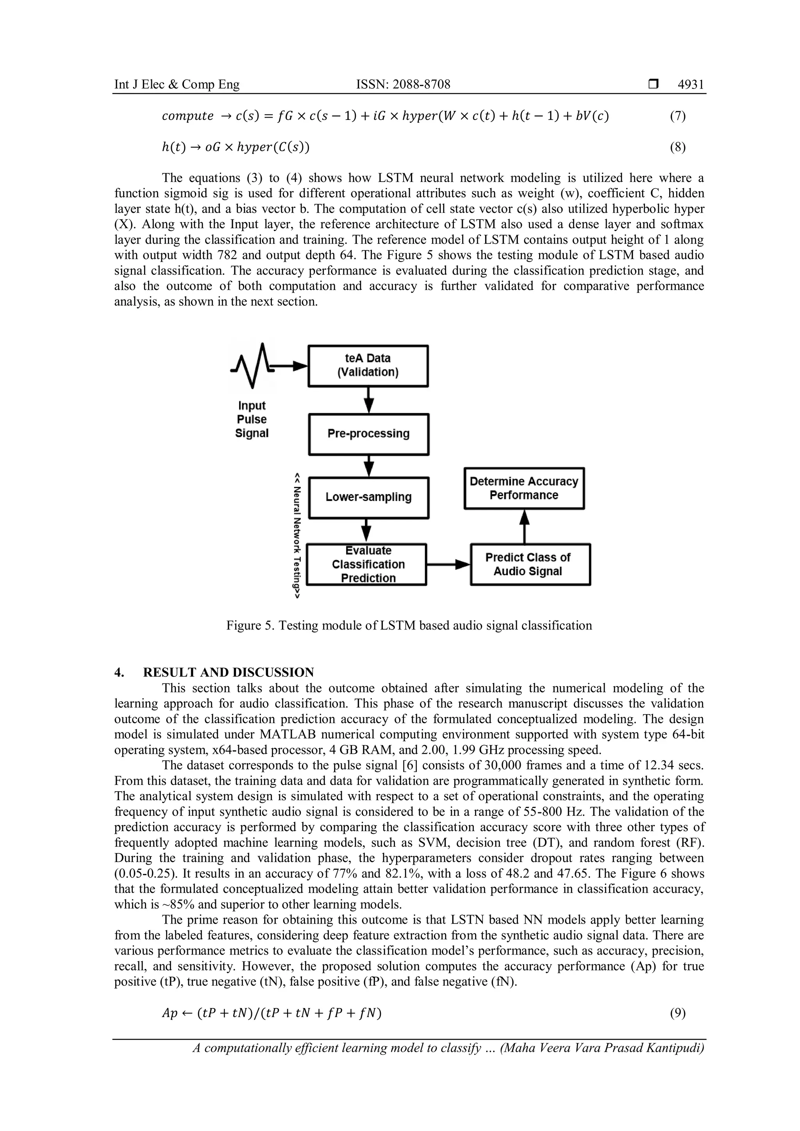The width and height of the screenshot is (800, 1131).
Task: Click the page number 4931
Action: [691, 85]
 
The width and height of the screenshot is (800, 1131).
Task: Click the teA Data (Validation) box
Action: [368, 366]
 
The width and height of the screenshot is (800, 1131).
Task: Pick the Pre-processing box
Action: [368, 433]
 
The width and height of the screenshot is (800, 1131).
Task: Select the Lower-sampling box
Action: [368, 497]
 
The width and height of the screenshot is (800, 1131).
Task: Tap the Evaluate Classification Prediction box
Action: [367, 564]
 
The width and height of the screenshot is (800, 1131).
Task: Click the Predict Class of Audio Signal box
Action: [530, 564]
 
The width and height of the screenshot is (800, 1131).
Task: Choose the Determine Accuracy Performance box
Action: [524, 488]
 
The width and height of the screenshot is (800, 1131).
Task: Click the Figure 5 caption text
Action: [409, 626]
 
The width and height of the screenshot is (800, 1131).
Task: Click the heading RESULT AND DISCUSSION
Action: [228, 673]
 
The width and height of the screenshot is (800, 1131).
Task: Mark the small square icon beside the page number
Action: [653, 85]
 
